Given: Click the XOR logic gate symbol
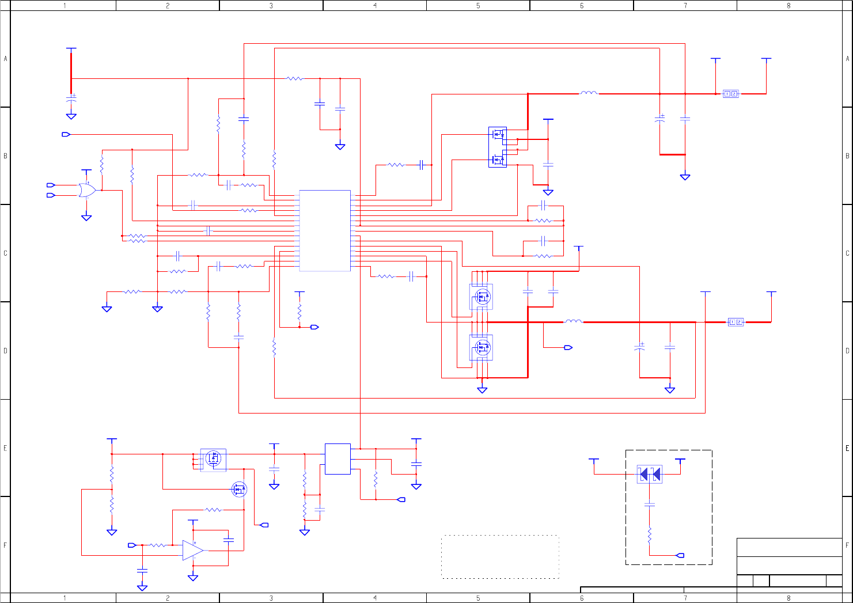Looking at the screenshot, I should (87, 190).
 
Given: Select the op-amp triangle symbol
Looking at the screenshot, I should (192, 550).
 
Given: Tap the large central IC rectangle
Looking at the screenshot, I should (325, 230).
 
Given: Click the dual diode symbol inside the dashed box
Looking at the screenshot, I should (650, 474).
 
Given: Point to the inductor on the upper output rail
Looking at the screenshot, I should (589, 93).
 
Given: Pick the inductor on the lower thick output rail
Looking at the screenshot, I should (573, 321).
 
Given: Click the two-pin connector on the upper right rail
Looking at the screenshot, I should (730, 94).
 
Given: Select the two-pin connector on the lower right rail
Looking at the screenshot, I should (736, 322).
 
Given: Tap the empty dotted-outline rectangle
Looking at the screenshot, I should (500, 556).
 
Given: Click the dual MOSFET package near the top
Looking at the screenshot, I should (498, 147).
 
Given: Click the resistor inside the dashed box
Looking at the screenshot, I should (650, 535).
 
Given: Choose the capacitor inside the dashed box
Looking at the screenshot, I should (650, 505).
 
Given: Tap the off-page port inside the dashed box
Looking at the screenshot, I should (680, 555).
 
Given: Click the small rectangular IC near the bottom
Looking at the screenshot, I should (338, 459).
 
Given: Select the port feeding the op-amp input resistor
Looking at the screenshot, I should (132, 545).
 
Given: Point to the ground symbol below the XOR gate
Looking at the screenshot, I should (86, 218).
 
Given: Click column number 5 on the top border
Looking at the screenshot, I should (478, 6).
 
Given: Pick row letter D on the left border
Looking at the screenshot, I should (6, 350).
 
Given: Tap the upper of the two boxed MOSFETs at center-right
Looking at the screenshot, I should (481, 297).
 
